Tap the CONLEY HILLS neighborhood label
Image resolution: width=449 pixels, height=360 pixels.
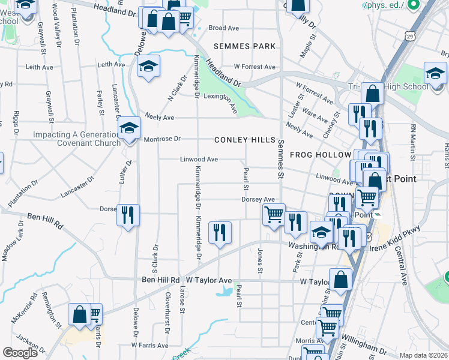tap(245, 140)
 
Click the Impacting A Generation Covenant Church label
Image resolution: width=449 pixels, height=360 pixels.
tap(72, 139)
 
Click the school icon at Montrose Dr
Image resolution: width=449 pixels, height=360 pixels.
tap(128, 128)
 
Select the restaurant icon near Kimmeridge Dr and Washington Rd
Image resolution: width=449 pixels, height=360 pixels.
tap(220, 232)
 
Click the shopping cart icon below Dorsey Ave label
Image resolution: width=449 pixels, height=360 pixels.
tap(274, 214)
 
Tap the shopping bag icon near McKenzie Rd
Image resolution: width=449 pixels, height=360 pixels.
tap(79, 314)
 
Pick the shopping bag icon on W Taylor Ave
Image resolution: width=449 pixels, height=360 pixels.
tap(340, 280)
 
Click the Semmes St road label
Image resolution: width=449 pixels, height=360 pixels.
tap(280, 159)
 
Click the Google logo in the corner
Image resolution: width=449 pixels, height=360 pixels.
tap(20, 353)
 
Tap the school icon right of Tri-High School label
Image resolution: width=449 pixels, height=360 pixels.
tap(435, 74)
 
